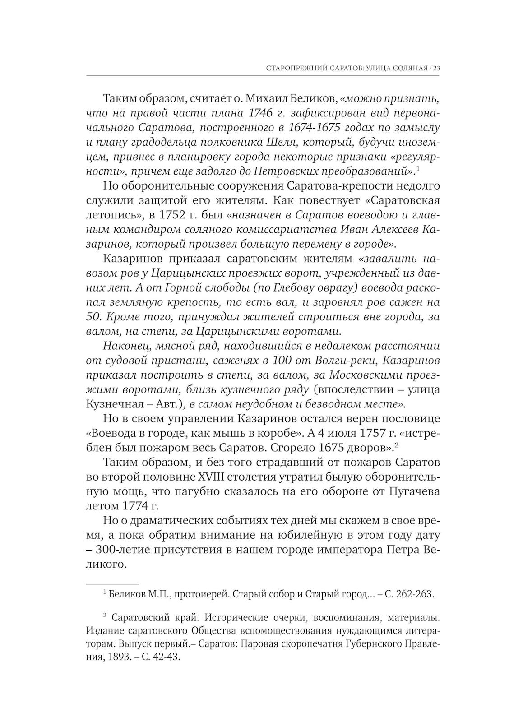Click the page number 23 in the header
click(435, 69)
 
